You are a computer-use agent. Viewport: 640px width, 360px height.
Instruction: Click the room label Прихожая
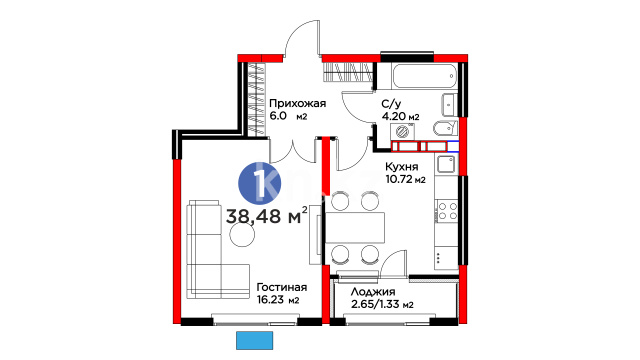[x=297, y=104]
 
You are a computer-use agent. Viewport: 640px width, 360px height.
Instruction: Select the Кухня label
[x=402, y=167]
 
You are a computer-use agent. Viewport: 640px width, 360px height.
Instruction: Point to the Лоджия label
[x=373, y=292]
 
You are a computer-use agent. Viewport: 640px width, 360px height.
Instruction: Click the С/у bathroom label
[x=390, y=104]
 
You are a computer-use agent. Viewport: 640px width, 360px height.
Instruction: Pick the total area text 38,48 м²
[x=267, y=215]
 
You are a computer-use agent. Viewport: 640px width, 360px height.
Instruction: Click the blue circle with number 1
[x=260, y=183]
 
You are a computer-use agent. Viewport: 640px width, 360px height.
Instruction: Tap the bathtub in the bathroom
[x=424, y=76]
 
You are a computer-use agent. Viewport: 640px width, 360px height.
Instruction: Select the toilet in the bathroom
[x=445, y=129]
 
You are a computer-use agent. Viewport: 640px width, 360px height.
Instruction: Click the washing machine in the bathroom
[x=402, y=132]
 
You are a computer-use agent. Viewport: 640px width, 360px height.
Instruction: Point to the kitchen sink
[x=446, y=164]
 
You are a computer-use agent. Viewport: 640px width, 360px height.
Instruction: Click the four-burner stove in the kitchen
[x=447, y=211]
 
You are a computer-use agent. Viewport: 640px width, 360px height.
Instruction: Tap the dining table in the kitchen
[x=355, y=227]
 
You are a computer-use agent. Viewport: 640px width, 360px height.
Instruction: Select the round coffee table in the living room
[x=242, y=234]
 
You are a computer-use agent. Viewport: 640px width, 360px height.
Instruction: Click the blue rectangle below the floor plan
[x=254, y=340]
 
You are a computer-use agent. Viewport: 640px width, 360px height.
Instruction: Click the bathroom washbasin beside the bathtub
[x=449, y=105]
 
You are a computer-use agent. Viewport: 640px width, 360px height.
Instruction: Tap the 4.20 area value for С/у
[x=393, y=116]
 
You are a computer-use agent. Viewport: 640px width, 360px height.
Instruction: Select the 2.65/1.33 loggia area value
[x=376, y=304]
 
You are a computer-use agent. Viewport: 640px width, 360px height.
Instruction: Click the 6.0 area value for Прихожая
[x=278, y=116]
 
